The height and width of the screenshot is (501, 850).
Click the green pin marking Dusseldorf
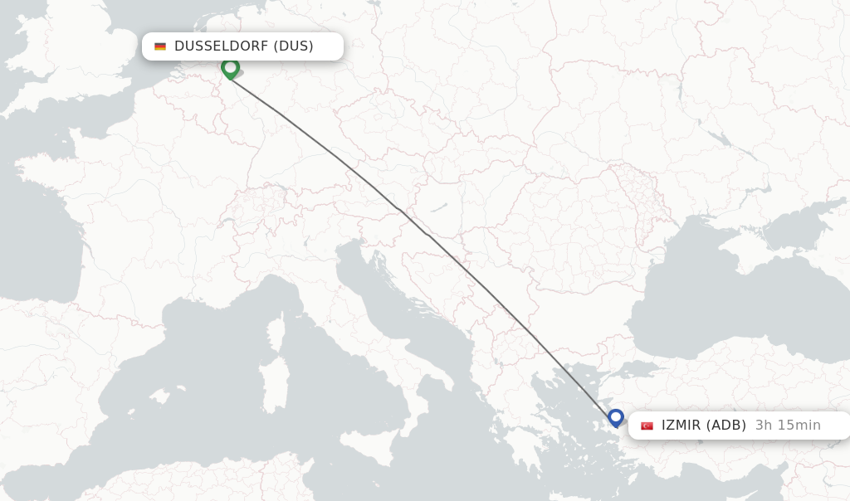tap(230, 68)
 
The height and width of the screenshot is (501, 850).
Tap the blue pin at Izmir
tap(615, 417)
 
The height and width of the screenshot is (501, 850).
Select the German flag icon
tap(160, 46)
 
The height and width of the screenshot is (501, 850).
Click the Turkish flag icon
tap(647, 426)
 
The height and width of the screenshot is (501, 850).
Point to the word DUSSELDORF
tap(221, 46)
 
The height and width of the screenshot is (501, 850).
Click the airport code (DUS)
tap(293, 46)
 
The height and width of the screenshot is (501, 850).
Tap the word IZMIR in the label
tap(681, 426)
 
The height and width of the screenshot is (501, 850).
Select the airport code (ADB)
tap(725, 426)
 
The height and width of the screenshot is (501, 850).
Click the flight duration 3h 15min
tap(788, 426)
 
